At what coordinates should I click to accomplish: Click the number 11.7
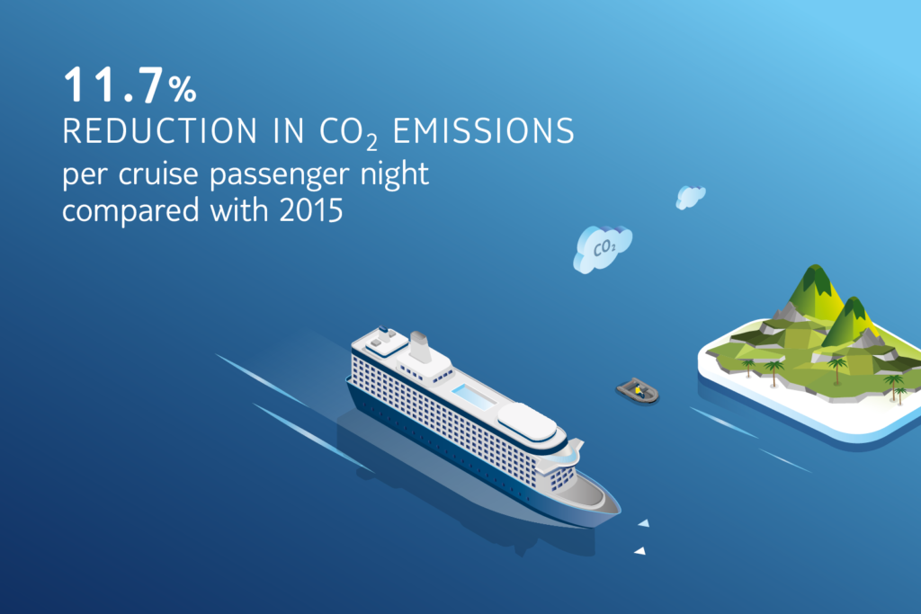click(x=112, y=85)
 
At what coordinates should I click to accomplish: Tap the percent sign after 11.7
click(x=183, y=90)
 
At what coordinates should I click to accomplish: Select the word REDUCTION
click(x=160, y=130)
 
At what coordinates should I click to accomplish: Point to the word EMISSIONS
click(x=483, y=130)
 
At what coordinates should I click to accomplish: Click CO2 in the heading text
click(x=348, y=133)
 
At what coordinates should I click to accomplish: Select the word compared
click(x=130, y=210)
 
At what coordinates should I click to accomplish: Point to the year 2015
click(x=311, y=210)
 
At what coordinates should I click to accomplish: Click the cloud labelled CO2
click(x=603, y=248)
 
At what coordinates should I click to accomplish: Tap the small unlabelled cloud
click(x=690, y=197)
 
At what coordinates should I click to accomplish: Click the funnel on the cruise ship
click(x=420, y=346)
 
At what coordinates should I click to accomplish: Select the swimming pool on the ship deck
click(x=473, y=396)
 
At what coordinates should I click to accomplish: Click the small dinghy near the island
click(x=638, y=390)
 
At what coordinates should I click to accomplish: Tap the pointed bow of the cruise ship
click(x=618, y=510)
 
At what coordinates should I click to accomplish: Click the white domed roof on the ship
click(x=527, y=422)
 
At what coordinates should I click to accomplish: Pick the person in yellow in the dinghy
click(x=639, y=390)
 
